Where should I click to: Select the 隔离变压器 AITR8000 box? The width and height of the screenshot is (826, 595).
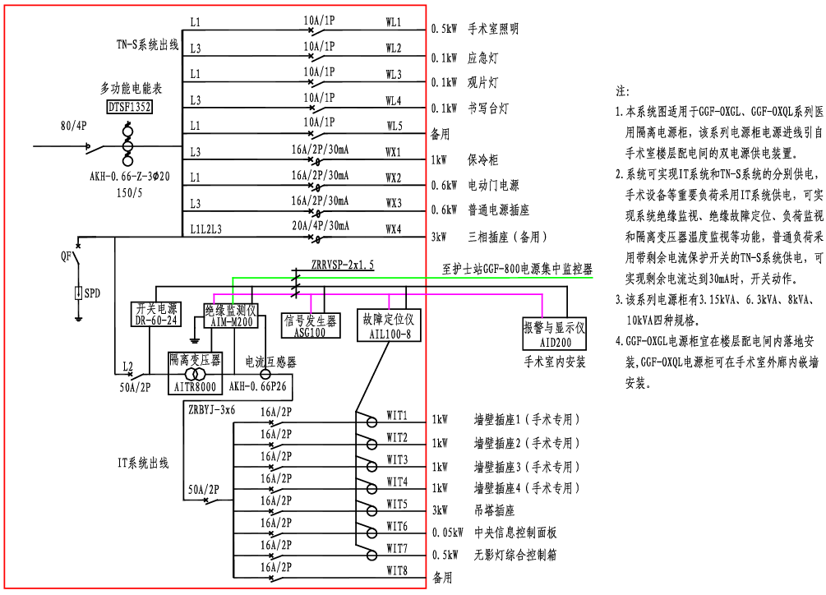[195, 372]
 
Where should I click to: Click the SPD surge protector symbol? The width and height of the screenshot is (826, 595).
[79, 292]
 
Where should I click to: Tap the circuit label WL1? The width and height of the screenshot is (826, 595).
[393, 20]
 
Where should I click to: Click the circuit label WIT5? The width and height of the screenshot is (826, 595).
[397, 504]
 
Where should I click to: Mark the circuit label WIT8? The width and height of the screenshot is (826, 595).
[397, 570]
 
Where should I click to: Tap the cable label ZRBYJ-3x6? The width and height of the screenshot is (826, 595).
[211, 408]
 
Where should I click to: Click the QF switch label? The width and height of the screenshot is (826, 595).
[66, 256]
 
